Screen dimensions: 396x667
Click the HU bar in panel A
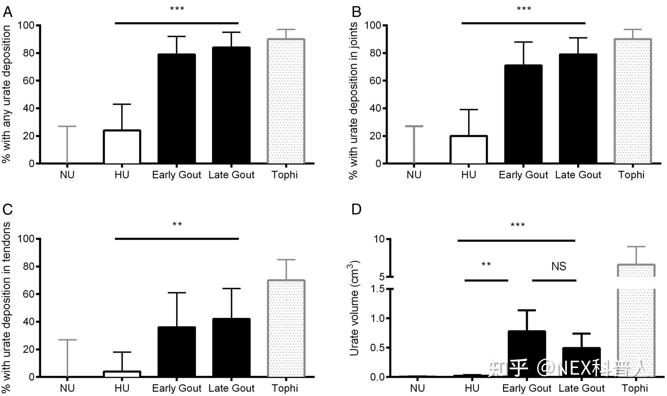pyautogui.click(x=122, y=147)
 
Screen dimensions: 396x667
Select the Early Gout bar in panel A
pyautogui.click(x=177, y=109)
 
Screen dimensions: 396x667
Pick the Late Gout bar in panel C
pyautogui.click(x=231, y=348)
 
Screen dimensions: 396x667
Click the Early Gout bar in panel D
pyautogui.click(x=527, y=354)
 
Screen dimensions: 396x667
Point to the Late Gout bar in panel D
pyautogui.click(x=581, y=362)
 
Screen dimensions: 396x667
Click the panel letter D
pyautogui.click(x=356, y=210)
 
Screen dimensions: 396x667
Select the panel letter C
pyautogui.click(x=8, y=210)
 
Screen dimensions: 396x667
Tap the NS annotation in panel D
pyautogui.click(x=559, y=266)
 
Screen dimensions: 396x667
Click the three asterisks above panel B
pyautogui.click(x=524, y=9)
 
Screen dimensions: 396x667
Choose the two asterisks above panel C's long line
pyautogui.click(x=177, y=225)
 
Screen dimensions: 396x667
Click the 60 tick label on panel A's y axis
pyautogui.click(x=28, y=81)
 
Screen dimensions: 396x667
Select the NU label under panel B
pyautogui.click(x=414, y=175)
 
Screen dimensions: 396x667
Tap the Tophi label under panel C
pyautogui.click(x=285, y=388)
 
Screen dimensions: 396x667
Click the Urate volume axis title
pyautogui.click(x=354, y=308)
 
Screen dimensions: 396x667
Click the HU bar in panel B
pyautogui.click(x=469, y=150)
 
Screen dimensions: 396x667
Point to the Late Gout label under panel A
pyautogui.click(x=231, y=175)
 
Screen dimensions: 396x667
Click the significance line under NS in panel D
pyautogui.click(x=554, y=281)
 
